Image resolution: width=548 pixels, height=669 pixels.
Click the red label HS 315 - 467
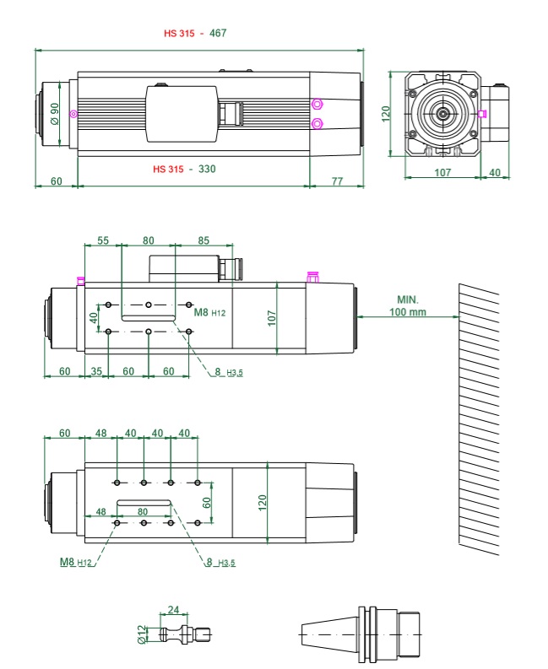[x=195, y=33]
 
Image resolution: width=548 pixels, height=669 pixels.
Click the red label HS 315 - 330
[x=185, y=169]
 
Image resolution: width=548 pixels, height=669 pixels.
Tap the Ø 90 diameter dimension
[x=55, y=114]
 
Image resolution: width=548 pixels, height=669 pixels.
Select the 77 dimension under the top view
[x=338, y=181]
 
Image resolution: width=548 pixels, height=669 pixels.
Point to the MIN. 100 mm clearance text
[x=408, y=306]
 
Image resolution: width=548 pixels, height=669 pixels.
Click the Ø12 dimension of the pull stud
[x=142, y=634]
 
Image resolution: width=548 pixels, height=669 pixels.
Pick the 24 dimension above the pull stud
[x=173, y=610]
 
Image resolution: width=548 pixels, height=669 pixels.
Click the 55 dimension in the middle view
[x=103, y=240]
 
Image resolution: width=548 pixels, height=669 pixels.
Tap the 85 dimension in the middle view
[x=203, y=240]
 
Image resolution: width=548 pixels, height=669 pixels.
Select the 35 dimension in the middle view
[x=96, y=371]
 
